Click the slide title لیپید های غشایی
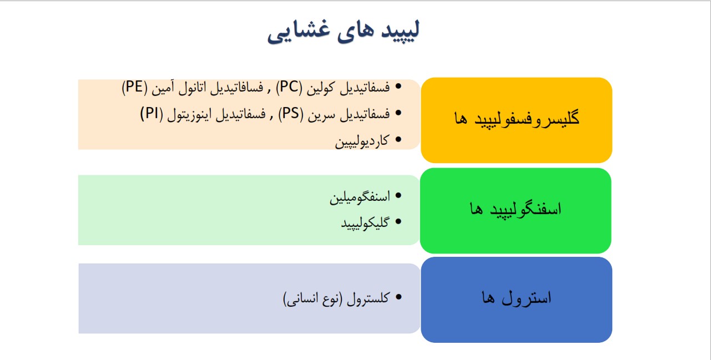click(x=344, y=31)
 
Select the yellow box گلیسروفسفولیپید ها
click(x=516, y=120)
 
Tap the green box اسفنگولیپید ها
click(x=516, y=211)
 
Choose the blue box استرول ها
click(x=516, y=300)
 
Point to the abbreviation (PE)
click(x=135, y=87)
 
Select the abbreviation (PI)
click(x=152, y=114)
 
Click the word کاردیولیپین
click(x=362, y=141)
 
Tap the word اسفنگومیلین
click(x=360, y=197)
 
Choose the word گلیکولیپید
click(x=365, y=223)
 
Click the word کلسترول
click(x=368, y=298)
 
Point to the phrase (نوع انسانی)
click(x=312, y=299)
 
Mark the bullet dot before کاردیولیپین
click(x=399, y=139)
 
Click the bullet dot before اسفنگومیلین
click(x=399, y=195)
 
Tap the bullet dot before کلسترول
click(x=399, y=297)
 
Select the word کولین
click(x=321, y=87)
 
